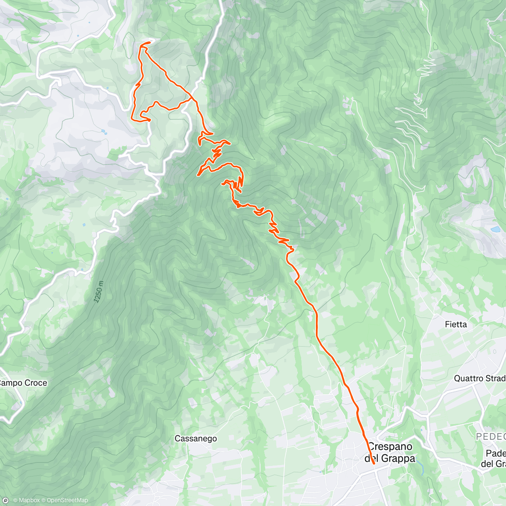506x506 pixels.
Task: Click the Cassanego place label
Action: pyautogui.click(x=196, y=439)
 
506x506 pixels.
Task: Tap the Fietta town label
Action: pyautogui.click(x=456, y=324)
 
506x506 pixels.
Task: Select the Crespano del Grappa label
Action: pyautogui.click(x=390, y=452)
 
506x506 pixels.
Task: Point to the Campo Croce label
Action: pyautogui.click(x=23, y=383)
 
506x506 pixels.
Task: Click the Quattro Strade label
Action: pyautogui.click(x=479, y=378)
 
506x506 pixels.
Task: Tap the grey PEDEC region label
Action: pyautogui.click(x=491, y=436)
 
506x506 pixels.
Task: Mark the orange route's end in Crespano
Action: pyautogui.click(x=374, y=464)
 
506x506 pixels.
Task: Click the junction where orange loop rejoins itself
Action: pyautogui.click(x=193, y=98)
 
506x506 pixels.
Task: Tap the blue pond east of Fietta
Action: pyautogui.click(x=495, y=230)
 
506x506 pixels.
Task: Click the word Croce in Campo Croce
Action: pyautogui.click(x=36, y=383)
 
